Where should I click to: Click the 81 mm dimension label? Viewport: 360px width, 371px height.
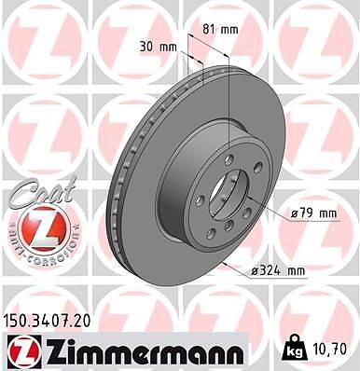(220, 30)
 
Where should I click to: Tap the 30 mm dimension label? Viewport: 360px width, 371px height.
(159, 48)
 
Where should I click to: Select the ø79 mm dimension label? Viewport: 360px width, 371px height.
(313, 213)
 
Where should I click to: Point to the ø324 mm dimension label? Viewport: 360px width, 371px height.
(278, 271)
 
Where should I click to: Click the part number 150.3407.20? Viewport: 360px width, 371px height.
(47, 322)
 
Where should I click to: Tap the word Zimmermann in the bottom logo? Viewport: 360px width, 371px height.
(143, 351)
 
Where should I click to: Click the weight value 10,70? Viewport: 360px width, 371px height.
(331, 349)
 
